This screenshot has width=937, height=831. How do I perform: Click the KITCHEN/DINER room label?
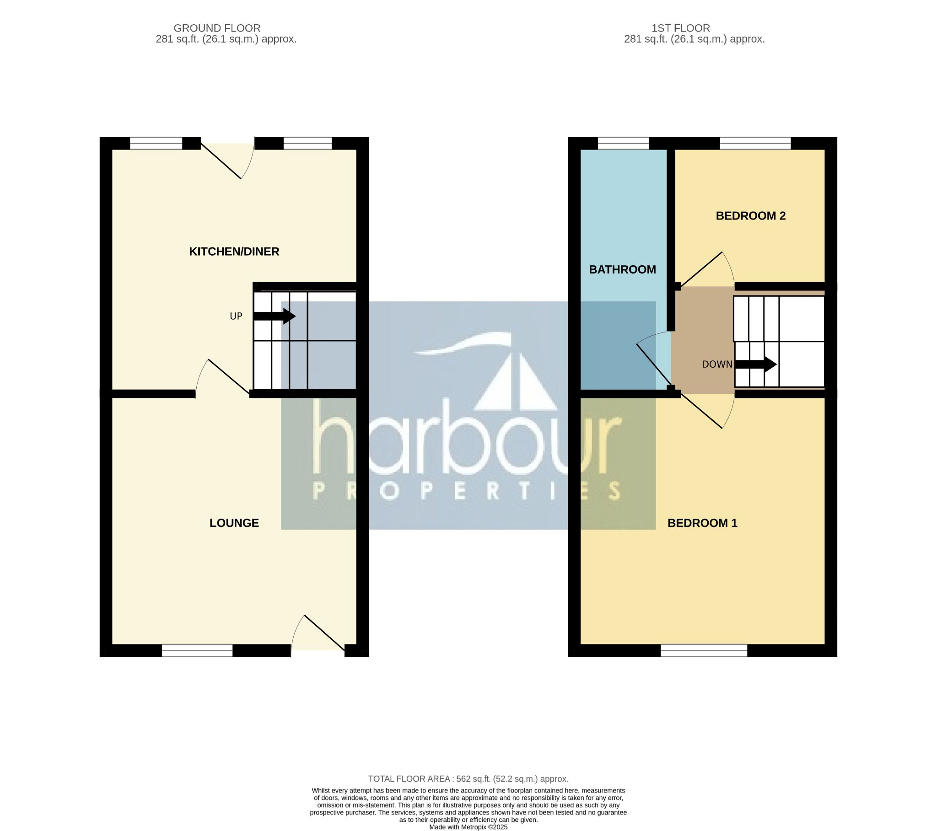[x=234, y=252]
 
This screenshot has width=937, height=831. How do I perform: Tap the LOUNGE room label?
[x=234, y=523]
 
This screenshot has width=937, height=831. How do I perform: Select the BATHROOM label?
[x=622, y=269]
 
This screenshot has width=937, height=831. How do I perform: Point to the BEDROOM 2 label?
[x=750, y=216]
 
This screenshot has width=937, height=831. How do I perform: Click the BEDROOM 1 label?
[x=702, y=523]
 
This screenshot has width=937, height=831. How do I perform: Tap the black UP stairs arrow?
[x=275, y=316]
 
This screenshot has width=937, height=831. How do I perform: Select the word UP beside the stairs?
[x=236, y=316]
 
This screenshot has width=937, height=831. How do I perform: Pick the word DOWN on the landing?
[x=717, y=365]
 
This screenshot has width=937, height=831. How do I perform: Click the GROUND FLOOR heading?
[x=217, y=28]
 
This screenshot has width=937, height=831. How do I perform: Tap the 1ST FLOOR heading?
[x=681, y=28]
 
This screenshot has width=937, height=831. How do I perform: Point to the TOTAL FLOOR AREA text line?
[x=468, y=779]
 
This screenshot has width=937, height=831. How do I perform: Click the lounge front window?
[x=197, y=650]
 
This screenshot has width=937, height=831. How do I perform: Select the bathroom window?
[x=624, y=144]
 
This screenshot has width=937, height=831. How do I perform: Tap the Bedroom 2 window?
[x=755, y=144]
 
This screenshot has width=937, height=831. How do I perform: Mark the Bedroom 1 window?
[x=704, y=650]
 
